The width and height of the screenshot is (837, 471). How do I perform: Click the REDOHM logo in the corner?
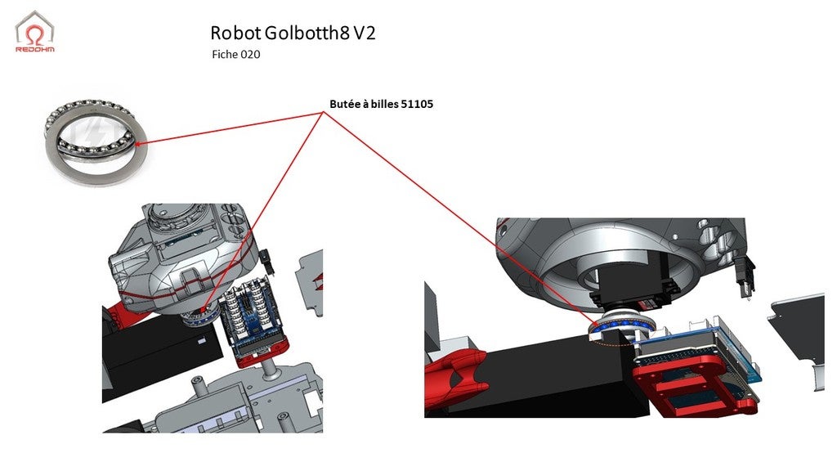[x=35, y=32]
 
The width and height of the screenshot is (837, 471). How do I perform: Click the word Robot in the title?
[x=235, y=33]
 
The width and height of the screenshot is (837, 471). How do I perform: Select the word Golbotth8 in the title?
[x=307, y=33]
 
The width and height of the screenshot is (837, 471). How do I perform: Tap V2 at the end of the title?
[x=365, y=33]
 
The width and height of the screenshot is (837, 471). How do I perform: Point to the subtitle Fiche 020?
[x=235, y=55]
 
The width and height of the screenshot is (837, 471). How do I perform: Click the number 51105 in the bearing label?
[x=417, y=105]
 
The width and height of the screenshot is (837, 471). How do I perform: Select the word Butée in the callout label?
[x=344, y=105]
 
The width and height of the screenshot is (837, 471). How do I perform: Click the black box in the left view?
[x=159, y=356]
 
